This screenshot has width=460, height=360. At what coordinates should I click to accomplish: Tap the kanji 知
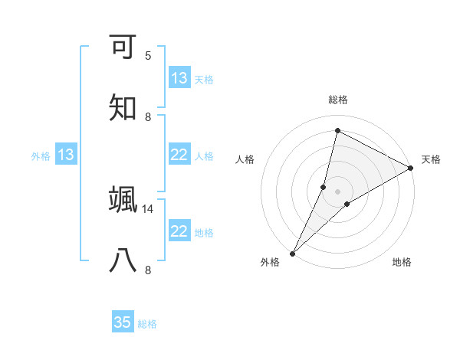point(123,107)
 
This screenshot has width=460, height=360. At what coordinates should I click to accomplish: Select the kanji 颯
point(123,201)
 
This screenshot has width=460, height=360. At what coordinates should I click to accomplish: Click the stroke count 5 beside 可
point(148,56)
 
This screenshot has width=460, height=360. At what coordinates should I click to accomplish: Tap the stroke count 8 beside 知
point(148,116)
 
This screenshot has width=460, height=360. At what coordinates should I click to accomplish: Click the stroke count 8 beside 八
point(148,270)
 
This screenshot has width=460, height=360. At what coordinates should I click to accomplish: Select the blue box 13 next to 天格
point(179,78)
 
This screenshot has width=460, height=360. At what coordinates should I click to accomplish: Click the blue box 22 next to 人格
point(179,155)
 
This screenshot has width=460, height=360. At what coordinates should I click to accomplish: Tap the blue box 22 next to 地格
point(179,231)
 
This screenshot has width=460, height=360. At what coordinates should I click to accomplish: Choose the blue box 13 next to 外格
point(66,155)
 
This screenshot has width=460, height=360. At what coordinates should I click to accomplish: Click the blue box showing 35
point(123,322)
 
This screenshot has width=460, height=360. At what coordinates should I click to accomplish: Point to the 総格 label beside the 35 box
point(147,323)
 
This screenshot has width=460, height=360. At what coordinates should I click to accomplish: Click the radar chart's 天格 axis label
point(431,159)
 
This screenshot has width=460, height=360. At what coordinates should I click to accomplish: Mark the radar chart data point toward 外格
point(293,253)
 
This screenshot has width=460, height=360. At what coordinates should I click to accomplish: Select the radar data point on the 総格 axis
point(337,130)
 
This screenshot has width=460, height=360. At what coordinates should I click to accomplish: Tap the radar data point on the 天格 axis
point(411,168)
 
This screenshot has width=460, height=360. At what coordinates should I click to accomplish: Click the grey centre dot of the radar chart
point(337,191)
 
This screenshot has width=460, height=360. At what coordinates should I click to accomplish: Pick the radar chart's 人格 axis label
point(245,159)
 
